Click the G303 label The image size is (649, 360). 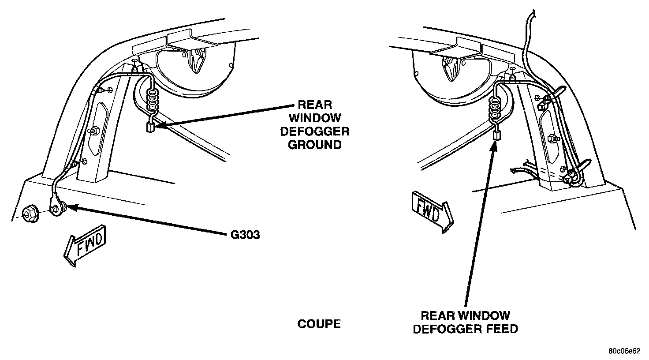coord(245,235)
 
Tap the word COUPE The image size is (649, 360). coord(319,324)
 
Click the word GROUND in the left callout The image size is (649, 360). coord(314,145)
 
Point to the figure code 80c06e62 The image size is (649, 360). coord(624,351)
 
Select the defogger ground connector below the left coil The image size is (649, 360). coord(149,128)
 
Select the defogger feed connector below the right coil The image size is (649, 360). coord(496,135)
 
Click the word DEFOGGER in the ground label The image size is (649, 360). coord(314,131)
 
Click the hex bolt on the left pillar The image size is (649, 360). coord(93,131)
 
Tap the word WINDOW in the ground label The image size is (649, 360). coord(314,118)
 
